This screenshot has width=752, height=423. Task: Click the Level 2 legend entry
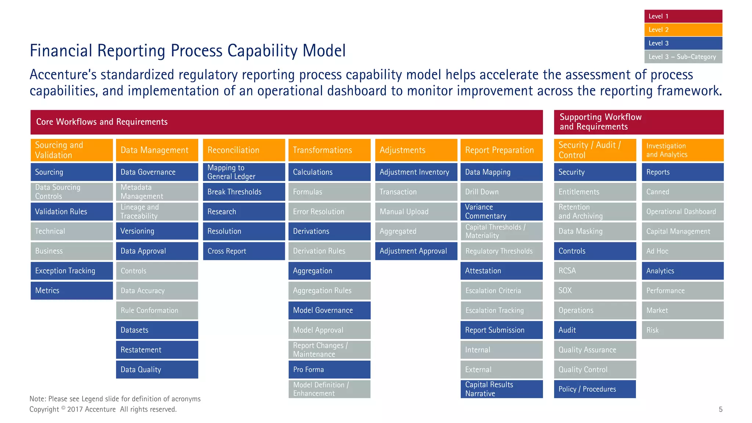click(683, 30)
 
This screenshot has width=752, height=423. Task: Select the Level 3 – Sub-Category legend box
click(683, 57)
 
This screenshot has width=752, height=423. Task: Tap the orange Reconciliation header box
click(244, 150)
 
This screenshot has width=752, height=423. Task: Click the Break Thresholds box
click(244, 192)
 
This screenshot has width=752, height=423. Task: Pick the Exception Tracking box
click(72, 271)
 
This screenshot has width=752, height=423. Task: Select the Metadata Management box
click(157, 192)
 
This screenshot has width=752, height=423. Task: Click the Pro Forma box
click(329, 369)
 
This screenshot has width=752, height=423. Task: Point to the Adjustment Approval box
click(416, 251)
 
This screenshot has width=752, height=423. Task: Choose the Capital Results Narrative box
click(502, 389)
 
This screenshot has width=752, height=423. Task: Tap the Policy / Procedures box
click(595, 389)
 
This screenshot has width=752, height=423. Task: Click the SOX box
click(595, 290)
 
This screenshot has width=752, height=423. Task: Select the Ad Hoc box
click(683, 251)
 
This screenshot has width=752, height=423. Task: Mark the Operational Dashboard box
click(683, 211)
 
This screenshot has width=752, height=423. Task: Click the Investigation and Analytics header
click(683, 150)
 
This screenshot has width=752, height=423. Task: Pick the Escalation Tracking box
click(502, 310)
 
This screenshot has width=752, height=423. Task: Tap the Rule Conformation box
click(157, 310)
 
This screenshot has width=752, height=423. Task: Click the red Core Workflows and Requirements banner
click(286, 122)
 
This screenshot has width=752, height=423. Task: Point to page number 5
click(720, 409)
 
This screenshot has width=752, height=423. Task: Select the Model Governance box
click(329, 310)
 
